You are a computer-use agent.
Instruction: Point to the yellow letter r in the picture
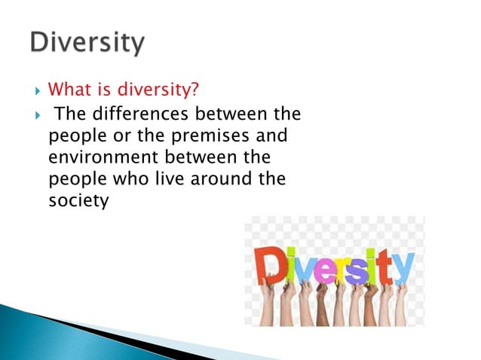[x=344, y=268]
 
